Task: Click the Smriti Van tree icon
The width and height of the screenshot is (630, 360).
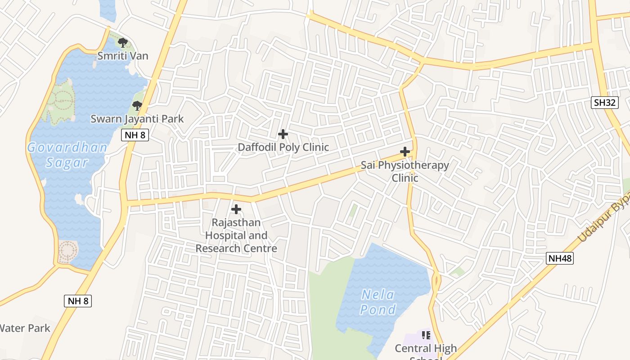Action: tap(122, 43)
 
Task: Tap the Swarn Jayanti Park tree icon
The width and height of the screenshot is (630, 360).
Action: tap(137, 106)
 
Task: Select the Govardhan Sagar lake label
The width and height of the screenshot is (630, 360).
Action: tap(67, 155)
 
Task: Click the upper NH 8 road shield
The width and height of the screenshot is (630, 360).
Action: tap(135, 135)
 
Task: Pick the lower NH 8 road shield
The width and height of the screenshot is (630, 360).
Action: tap(78, 301)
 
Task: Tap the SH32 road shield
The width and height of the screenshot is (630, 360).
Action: tap(604, 103)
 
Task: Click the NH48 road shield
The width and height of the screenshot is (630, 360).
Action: tap(560, 258)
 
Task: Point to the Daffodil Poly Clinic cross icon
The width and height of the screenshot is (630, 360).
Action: tap(283, 134)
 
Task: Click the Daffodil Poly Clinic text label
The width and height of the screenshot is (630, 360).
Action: tap(283, 147)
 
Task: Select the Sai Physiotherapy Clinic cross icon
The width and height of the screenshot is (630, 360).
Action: tap(405, 152)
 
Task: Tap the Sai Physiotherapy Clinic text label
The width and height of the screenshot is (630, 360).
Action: tap(405, 171)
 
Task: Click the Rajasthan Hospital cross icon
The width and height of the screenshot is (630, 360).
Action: tap(236, 209)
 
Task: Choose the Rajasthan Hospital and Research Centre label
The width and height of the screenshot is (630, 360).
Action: tap(236, 235)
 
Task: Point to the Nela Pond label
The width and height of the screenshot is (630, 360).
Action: tap(378, 302)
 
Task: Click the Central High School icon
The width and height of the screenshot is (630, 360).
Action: tap(426, 335)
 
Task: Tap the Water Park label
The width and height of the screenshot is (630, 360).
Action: tap(25, 328)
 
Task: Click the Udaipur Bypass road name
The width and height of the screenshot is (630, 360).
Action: tap(603, 220)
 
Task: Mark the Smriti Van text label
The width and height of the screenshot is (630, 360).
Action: tap(123, 56)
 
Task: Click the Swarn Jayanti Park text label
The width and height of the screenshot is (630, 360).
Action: tap(137, 119)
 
